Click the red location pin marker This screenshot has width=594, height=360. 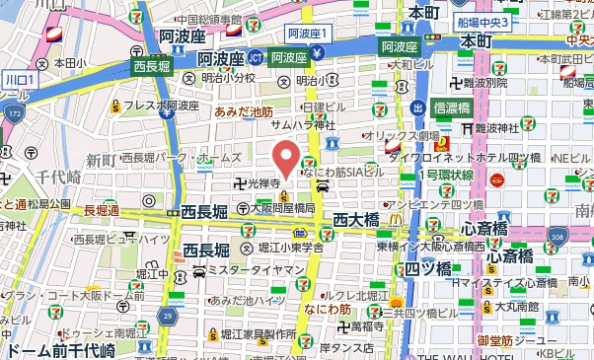point(285,157)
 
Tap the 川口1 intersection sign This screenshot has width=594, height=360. point(19,77)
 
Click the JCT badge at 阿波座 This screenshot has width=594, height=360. point(256,57)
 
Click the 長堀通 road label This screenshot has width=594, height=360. point(101,211)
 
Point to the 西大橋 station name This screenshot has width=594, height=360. point(356,219)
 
